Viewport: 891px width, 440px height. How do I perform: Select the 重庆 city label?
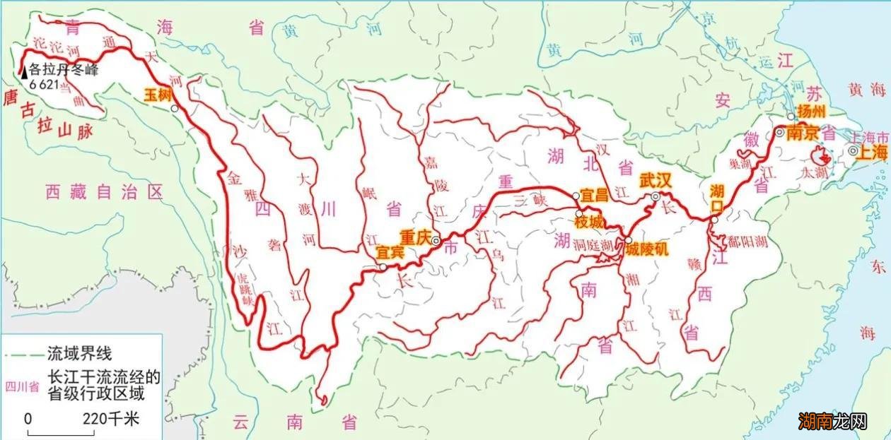coord(415,236)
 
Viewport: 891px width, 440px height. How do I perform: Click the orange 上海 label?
coord(872,153)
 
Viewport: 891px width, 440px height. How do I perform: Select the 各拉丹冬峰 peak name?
coord(63,70)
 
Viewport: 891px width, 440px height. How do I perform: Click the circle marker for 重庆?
coord(436,241)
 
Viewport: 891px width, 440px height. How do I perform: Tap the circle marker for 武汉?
coord(656,196)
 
